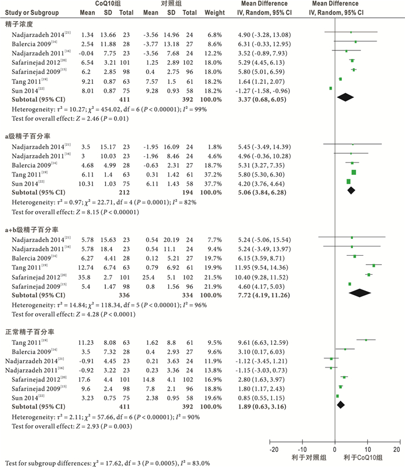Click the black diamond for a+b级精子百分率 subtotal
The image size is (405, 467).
pyautogui.click(x=359, y=293)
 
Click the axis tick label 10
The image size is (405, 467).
pyautogui.click(x=366, y=450)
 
